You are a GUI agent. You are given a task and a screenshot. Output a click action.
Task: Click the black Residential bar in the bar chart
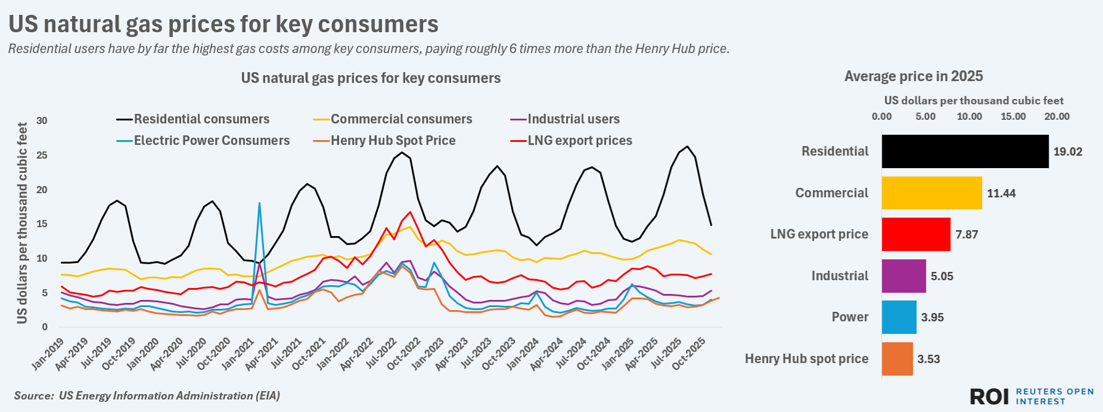click(965, 151)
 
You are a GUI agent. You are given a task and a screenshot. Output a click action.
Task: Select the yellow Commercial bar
click(931, 193)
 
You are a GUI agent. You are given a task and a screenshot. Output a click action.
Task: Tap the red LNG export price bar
click(916, 234)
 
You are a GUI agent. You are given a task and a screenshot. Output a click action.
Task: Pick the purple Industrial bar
click(903, 275)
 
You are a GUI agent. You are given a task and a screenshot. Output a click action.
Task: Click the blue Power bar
click(899, 317)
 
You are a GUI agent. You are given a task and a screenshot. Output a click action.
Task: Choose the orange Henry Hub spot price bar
click(897, 358)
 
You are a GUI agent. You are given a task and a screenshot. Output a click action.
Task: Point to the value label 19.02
click(1067, 151)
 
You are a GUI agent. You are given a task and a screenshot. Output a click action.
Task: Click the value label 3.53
click(928, 359)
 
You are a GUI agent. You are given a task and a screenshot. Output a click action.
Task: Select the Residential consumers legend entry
click(201, 119)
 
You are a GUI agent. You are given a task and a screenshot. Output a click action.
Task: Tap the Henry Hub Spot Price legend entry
click(393, 141)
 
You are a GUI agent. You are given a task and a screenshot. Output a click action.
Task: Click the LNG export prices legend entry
click(579, 141)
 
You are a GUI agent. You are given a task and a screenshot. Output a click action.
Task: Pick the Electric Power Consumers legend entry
click(212, 141)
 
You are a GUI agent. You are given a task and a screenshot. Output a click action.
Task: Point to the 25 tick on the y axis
click(42, 155)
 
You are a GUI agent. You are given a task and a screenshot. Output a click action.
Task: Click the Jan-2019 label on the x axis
click(48, 354)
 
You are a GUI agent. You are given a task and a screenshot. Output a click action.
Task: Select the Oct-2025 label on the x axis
click(690, 354)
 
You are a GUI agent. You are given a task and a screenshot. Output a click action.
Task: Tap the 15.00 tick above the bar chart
click(1013, 116)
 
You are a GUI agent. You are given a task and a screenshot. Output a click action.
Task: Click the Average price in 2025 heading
click(914, 76)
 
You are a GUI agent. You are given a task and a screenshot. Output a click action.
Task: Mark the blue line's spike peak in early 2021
click(259, 203)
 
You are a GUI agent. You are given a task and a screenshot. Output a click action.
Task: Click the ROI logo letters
click(989, 396)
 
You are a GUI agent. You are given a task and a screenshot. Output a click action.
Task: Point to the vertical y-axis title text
click(23, 223)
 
